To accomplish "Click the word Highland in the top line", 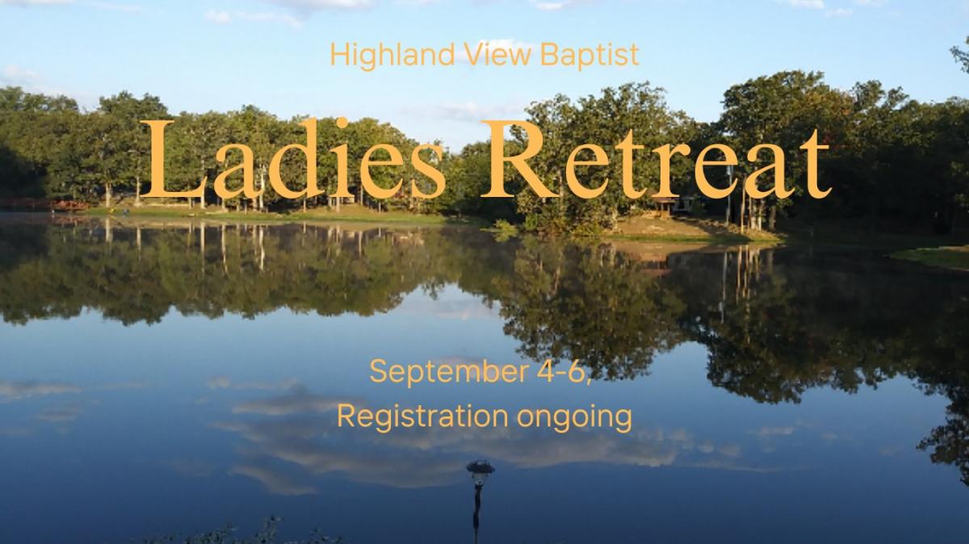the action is (392, 56).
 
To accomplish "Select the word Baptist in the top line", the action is (589, 55).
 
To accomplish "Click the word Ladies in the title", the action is (292, 158).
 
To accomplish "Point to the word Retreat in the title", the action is (656, 160).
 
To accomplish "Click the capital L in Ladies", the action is (172, 159).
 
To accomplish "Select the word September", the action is (449, 372).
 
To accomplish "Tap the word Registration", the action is (422, 416).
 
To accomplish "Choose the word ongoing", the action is (574, 419).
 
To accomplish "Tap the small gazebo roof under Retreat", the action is (664, 200).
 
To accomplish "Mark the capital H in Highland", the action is (340, 55).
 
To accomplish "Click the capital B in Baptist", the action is (550, 55).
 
